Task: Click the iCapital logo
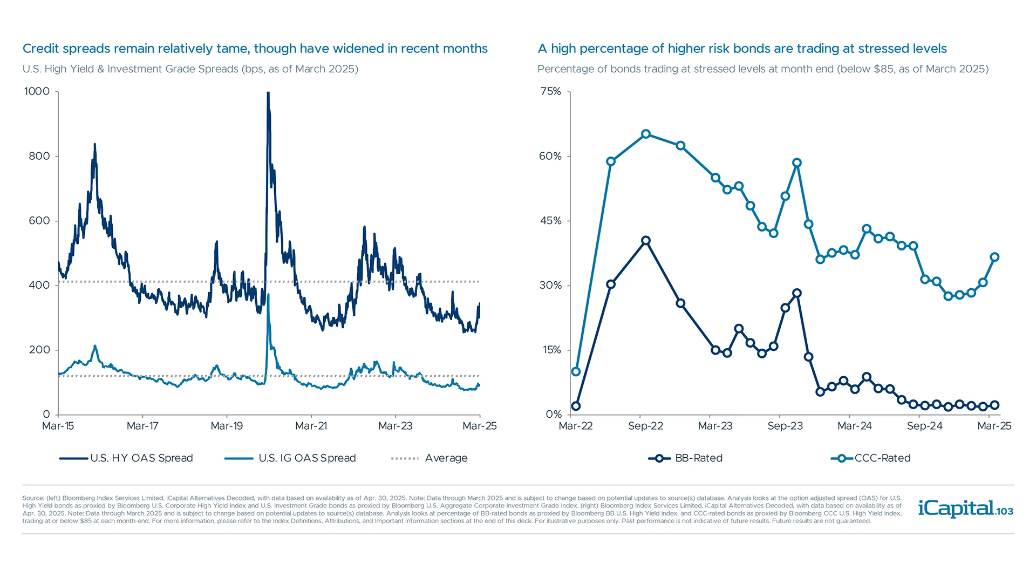point(965,509)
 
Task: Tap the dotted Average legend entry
point(429,458)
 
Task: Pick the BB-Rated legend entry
point(685,458)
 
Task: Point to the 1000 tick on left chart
point(37,91)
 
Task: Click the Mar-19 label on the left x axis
point(227,426)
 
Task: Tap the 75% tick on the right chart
point(551,91)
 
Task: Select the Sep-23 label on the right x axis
point(785,426)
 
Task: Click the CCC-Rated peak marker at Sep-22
point(646,134)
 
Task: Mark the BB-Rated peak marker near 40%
point(646,240)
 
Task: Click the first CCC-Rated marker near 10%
point(576,371)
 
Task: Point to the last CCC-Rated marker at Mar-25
point(994,257)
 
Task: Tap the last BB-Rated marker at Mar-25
point(994,405)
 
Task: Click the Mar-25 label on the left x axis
point(479,426)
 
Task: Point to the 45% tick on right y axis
point(551,221)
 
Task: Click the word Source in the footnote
point(33,498)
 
